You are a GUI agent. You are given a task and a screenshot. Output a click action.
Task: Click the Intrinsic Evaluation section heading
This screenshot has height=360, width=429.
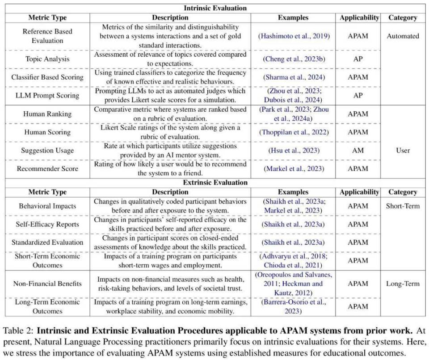(214, 8)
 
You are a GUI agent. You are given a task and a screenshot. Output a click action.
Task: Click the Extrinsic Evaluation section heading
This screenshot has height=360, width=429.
(214, 182)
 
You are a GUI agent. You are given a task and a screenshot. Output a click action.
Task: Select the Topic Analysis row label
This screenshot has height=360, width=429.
(47, 59)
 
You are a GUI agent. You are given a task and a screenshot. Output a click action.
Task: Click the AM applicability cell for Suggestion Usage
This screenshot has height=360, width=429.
(358, 150)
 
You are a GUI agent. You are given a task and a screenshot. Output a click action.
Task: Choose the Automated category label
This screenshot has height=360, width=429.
(403, 36)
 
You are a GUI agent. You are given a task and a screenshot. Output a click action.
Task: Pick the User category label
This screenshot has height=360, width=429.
(403, 150)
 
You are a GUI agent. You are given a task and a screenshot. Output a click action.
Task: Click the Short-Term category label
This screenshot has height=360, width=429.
(403, 206)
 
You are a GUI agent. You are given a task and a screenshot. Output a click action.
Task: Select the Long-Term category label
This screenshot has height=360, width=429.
(403, 284)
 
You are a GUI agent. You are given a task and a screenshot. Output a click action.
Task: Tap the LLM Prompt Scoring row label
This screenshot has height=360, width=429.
(47, 95)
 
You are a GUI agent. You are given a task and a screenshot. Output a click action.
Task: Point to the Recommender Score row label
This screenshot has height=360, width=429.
(47, 169)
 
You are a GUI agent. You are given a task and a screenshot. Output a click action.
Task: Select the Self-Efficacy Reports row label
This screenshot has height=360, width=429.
(47, 224)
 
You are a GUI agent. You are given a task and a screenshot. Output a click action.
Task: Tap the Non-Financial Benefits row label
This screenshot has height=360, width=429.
(47, 284)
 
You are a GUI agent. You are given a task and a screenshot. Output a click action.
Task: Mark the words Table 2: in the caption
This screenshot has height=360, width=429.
(18, 331)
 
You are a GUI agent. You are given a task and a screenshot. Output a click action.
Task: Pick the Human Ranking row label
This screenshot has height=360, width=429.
(47, 114)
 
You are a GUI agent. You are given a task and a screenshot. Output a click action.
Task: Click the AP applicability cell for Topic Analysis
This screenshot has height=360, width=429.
(358, 59)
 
